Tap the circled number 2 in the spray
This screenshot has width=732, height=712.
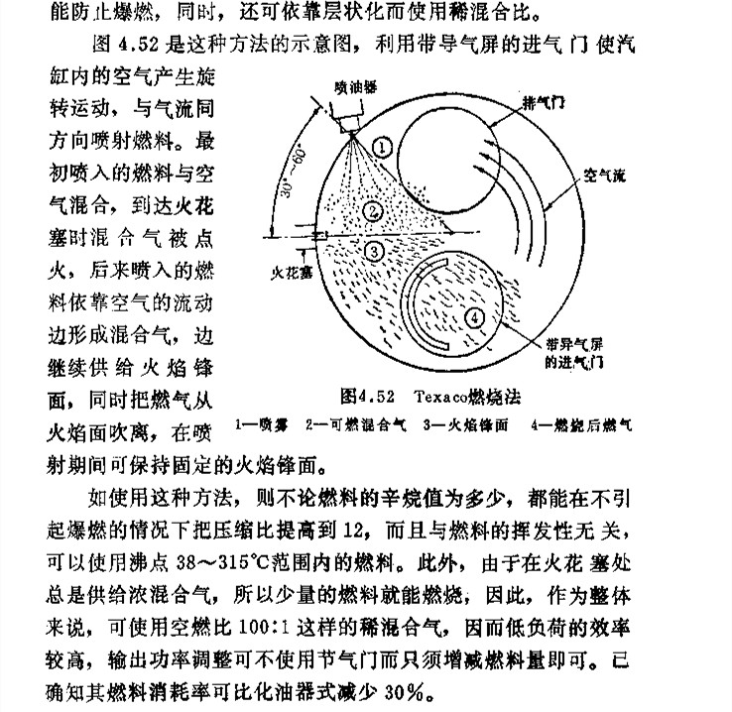click(372, 210)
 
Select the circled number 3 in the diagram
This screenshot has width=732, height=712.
click(373, 252)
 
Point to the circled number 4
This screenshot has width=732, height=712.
click(476, 317)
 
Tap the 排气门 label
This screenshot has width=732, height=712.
click(548, 101)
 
